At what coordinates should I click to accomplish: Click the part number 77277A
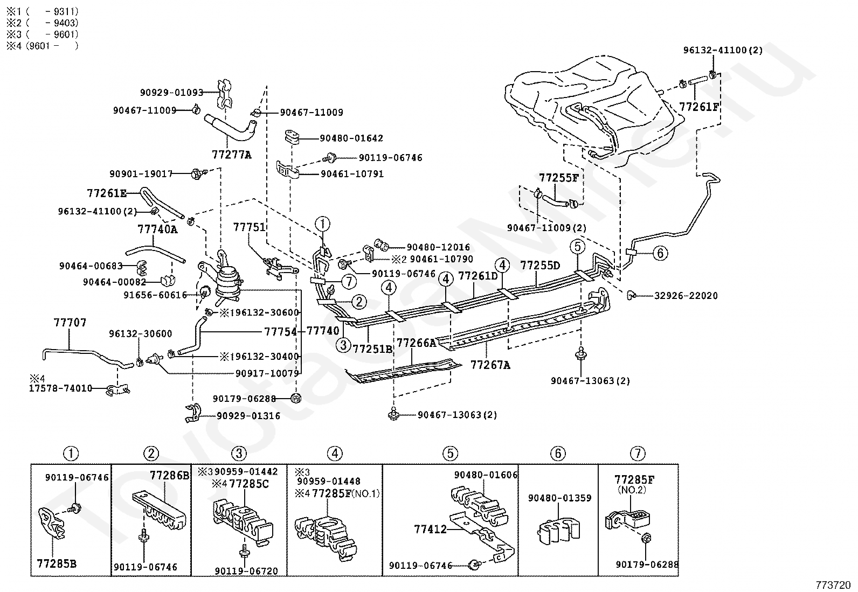[231, 155]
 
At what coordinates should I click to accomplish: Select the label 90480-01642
[351, 138]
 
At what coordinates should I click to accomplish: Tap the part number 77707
[70, 323]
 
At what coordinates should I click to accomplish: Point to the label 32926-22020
[686, 296]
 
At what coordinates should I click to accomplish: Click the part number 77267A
[490, 365]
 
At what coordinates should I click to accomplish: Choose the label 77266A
[416, 343]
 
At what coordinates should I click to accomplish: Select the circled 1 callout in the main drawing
[322, 223]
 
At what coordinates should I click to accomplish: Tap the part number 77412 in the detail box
[431, 530]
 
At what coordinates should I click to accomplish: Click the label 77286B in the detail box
[169, 476]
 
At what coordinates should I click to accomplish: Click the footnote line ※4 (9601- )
[42, 46]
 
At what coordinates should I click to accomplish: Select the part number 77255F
[558, 178]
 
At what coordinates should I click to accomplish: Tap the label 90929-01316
[248, 415]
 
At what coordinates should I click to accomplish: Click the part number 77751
[249, 227]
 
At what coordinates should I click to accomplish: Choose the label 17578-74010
[60, 388]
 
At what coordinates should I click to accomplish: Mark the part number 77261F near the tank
[699, 107]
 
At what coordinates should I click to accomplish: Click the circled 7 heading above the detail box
[637, 454]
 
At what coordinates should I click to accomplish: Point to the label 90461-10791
[352, 175]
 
